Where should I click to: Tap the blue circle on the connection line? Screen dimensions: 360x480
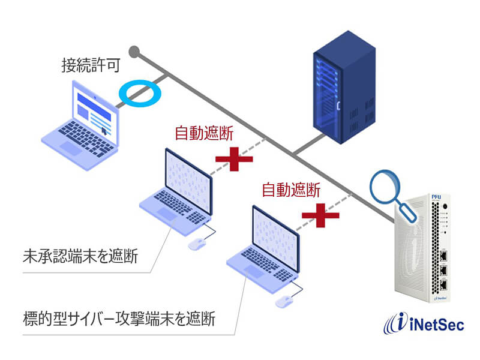[139, 92]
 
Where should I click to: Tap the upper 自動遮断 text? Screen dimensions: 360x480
[204, 133]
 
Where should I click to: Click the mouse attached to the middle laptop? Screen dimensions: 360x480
[196, 244]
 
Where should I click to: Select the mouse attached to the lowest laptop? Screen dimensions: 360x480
[283, 301]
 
